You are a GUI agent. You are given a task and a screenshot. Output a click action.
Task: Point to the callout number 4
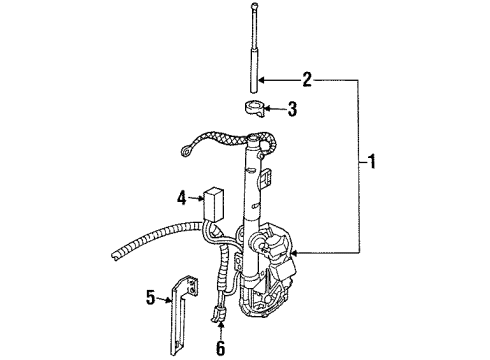(182, 198)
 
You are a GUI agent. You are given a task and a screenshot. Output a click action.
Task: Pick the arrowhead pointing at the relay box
(201, 198)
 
